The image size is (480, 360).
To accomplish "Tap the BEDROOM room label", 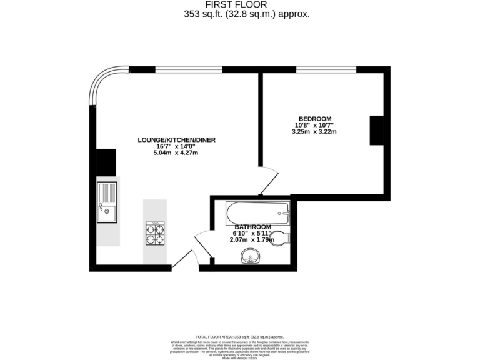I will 315,119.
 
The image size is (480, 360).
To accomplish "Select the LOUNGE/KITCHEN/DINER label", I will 177,139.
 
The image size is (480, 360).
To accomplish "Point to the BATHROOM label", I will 253,227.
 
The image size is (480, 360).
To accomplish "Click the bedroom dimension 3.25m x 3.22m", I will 315,132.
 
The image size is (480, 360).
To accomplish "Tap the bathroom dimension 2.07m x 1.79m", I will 253,240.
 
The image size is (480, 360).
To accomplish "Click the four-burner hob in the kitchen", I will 155,233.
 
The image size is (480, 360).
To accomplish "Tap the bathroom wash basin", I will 252,257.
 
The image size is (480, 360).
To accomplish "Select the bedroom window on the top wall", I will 326,69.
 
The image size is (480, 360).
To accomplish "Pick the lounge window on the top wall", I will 189,69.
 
